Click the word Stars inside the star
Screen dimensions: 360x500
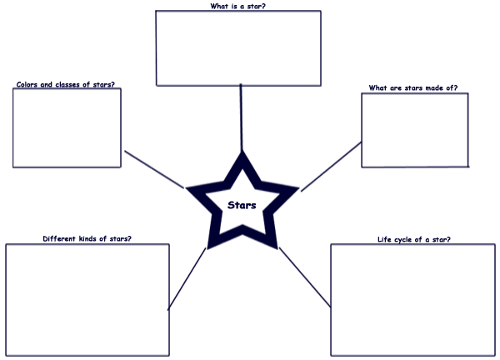[242, 205]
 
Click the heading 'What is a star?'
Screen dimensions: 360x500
[238, 6]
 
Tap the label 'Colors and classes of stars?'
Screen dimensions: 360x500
[66, 84]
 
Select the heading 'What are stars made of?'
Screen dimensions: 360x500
[413, 87]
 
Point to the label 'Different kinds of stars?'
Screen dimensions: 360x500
[87, 239]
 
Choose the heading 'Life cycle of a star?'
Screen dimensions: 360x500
[414, 240]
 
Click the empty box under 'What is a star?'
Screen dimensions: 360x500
[238, 47]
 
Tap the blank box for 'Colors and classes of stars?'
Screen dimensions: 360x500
[67, 127]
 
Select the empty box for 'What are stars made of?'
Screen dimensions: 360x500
[414, 130]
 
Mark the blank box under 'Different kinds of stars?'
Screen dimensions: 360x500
[87, 299]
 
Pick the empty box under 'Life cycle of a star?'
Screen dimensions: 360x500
[413, 300]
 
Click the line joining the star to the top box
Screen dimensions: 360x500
[241, 117]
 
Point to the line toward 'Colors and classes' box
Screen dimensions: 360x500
[154, 169]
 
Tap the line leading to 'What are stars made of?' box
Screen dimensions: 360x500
[331, 167]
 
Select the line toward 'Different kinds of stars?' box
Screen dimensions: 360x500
[187, 279]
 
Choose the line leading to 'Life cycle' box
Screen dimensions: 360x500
[304, 277]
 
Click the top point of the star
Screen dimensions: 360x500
[242, 156]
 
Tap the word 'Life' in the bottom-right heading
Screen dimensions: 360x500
[386, 240]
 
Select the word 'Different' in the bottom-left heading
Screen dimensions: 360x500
[58, 239]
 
